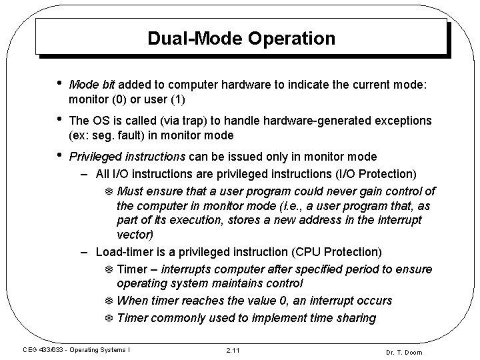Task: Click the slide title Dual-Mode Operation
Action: pos(241,38)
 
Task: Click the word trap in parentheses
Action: pos(207,121)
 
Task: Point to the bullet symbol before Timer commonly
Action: pos(110,318)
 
